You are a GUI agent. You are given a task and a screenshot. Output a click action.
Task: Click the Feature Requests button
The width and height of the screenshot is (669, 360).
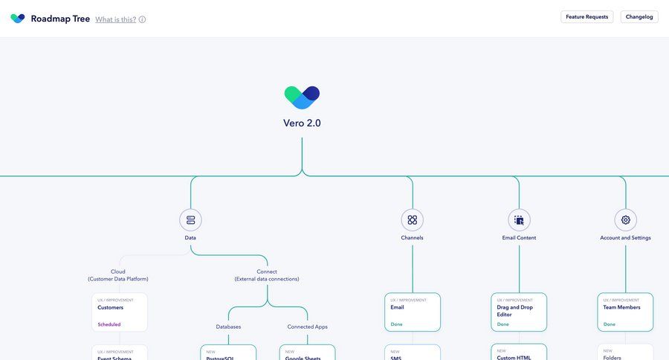pos(586,16)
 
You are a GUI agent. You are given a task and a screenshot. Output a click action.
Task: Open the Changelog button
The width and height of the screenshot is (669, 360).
pos(639,16)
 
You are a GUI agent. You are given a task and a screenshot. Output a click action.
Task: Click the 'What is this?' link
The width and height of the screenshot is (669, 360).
pos(115,19)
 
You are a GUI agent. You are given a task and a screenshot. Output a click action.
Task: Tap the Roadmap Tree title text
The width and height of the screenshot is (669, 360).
pos(60,19)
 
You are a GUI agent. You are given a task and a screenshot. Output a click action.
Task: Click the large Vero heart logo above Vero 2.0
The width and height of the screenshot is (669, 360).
pos(302,97)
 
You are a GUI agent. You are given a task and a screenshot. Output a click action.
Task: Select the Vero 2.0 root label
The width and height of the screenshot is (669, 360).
pos(302,123)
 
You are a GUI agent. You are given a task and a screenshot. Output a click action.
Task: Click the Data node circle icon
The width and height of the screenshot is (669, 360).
pos(190,219)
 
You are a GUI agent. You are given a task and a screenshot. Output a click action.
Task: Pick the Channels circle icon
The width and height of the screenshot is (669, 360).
pos(412,219)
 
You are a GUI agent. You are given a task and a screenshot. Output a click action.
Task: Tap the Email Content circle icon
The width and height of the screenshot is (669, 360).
pos(519,219)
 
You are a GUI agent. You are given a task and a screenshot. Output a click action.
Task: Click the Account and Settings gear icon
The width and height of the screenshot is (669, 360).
pos(625,219)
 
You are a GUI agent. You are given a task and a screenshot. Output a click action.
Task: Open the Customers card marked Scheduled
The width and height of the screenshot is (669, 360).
pos(119,312)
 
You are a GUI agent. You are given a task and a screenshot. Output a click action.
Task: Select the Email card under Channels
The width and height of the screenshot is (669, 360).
pos(412,312)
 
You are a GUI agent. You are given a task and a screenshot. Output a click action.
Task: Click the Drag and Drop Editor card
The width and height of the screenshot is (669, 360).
pos(519,312)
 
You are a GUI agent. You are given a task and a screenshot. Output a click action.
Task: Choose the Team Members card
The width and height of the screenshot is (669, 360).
pos(625,312)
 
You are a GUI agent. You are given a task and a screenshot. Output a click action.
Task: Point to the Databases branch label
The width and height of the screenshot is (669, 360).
pos(228,327)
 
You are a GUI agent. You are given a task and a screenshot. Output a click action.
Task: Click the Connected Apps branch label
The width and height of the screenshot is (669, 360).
pos(307,327)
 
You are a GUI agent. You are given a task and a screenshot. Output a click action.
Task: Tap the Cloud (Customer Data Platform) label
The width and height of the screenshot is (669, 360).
pos(118,275)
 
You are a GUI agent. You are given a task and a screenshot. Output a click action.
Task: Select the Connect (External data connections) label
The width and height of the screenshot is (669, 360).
pos(267,275)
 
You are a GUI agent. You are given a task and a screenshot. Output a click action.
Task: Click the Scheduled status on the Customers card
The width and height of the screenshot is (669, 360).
pos(109,324)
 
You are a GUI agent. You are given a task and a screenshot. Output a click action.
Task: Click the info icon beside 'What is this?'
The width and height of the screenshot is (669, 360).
pos(142,19)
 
